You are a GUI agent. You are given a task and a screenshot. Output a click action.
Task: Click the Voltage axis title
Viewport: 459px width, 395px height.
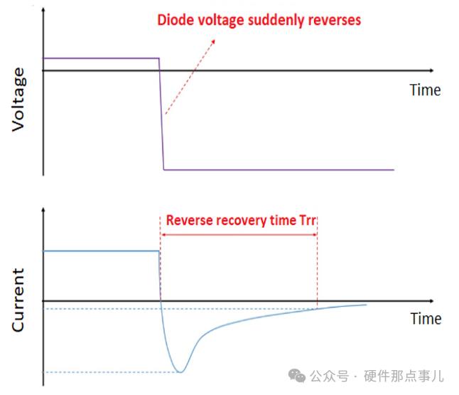18,100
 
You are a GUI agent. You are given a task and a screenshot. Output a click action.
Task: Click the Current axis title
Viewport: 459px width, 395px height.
18,300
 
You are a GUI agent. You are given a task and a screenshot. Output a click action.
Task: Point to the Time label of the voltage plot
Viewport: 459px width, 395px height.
425,90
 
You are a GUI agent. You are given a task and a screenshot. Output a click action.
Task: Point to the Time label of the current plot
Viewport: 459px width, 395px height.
426,319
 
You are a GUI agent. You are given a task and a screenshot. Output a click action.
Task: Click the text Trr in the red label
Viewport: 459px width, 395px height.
308,220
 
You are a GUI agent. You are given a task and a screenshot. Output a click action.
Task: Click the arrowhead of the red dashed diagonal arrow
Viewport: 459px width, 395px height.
213,41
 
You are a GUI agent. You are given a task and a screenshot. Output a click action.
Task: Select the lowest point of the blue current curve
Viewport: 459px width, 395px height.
181,372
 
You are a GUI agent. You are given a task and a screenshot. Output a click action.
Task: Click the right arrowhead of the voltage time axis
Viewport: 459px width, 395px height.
431,70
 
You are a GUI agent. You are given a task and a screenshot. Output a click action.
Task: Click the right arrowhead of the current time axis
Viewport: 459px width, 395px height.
431,301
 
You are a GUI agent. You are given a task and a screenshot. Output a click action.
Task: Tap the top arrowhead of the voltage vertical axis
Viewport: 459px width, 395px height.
43,10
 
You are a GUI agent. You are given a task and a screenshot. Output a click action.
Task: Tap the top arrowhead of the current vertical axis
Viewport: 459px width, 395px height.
43,210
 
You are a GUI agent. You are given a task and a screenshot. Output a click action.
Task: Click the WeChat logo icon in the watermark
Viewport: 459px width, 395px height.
297,376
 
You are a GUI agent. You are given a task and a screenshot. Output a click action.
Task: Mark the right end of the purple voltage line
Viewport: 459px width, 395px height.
394,170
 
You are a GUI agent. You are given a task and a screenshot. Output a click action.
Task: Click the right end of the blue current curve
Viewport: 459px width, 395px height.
366,305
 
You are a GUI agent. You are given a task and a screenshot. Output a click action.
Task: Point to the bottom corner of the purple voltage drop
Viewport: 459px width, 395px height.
164,169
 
